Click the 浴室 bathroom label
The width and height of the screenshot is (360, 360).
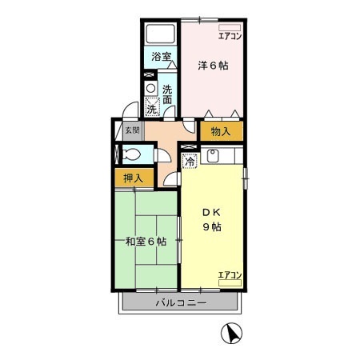click(162, 57)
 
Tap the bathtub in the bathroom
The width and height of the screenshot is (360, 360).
click(162, 34)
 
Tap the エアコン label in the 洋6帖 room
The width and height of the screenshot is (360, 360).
click(230, 36)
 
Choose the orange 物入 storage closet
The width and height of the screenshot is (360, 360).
click(221, 131)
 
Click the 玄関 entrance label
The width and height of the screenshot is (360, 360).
click(131, 130)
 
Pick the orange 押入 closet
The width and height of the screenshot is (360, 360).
click(133, 178)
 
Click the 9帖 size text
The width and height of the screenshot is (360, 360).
click(211, 227)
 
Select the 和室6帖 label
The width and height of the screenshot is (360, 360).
click(146, 241)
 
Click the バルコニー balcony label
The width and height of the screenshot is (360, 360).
click(181, 304)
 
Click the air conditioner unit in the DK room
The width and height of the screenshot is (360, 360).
click(230, 282)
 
